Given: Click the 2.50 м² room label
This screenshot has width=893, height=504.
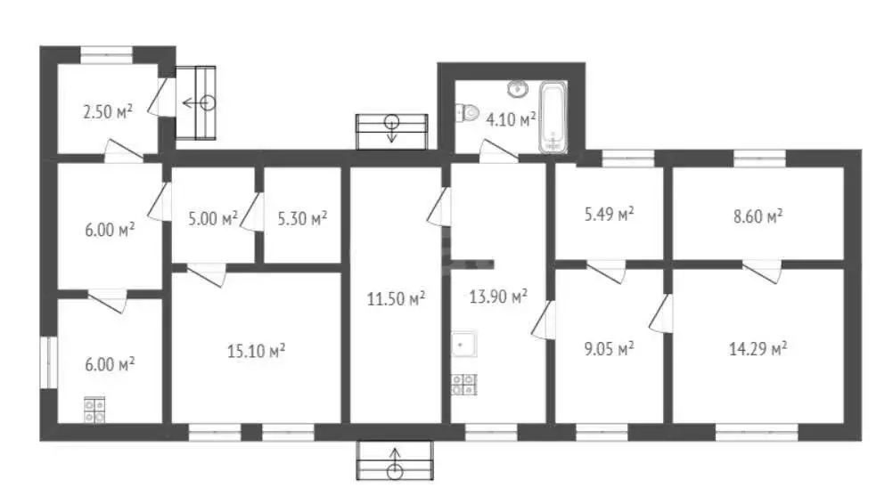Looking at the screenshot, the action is pos(108,111).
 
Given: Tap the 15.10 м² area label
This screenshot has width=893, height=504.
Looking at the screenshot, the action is pos(257,351).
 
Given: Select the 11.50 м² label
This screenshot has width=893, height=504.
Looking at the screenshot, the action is pos(396,298).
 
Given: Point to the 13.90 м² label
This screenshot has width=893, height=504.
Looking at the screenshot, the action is pos(498,296).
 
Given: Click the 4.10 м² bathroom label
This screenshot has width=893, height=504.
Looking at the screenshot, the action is pos(511,119).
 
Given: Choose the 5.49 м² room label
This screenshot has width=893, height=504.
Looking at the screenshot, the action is pos(610,215).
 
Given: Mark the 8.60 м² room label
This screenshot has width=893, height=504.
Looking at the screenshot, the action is pos(758,216).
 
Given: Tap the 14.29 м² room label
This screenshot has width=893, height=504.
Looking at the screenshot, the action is pos(758,348).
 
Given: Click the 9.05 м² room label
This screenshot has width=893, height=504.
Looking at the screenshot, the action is pos(610,348).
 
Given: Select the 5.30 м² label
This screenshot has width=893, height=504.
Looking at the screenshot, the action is pos(302,218).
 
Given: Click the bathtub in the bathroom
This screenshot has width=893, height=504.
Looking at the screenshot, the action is pos(553,118).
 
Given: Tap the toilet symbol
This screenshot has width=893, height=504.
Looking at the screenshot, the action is pos(467,112).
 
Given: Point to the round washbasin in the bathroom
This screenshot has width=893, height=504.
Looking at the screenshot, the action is pos(518,89).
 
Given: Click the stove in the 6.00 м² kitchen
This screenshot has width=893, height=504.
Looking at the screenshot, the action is pos(94,410).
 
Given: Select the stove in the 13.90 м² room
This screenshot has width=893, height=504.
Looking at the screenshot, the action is pos(464,385).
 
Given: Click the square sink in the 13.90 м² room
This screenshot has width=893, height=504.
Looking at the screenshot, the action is pos(464,345).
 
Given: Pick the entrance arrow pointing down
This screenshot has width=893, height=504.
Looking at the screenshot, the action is pos(392,128).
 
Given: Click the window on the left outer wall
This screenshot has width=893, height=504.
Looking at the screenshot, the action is pos(48,362).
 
